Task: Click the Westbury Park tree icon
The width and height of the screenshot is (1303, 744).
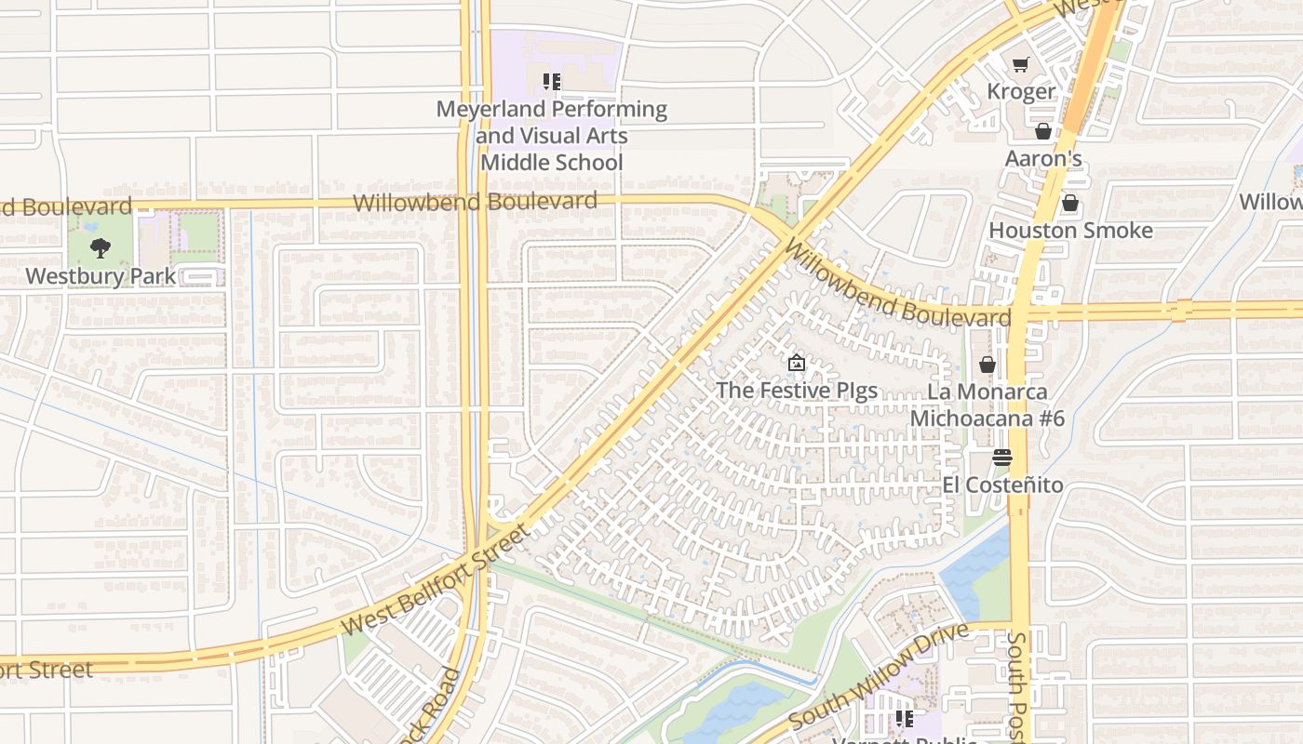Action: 101,248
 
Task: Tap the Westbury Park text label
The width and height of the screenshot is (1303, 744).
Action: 101,276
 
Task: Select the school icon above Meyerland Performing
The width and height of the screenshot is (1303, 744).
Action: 552,82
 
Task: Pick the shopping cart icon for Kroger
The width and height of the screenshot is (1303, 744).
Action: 1021,64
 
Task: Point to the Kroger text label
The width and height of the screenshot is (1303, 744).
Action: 1021,91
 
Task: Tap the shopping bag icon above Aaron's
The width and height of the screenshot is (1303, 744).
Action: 1042,131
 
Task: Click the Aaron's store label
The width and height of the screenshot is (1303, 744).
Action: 1042,158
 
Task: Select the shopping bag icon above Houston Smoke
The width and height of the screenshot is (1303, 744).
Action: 1070,203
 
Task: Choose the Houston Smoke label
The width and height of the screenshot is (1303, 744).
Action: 1070,230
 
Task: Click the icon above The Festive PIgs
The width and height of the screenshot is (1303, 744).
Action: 796,363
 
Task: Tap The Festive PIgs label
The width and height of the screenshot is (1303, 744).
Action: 796,390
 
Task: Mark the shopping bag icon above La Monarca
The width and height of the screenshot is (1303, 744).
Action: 987,365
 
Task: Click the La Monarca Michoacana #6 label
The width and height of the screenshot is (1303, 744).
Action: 987,405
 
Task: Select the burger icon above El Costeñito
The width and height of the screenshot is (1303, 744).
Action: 1002,458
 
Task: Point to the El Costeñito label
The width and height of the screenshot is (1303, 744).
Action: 1002,485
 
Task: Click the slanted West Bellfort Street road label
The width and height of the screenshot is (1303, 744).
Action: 435,581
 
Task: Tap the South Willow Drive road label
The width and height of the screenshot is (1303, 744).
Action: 879,675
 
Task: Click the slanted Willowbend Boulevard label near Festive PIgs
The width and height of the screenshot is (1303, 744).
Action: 897,284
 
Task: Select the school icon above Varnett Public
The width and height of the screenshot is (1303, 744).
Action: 904,718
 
